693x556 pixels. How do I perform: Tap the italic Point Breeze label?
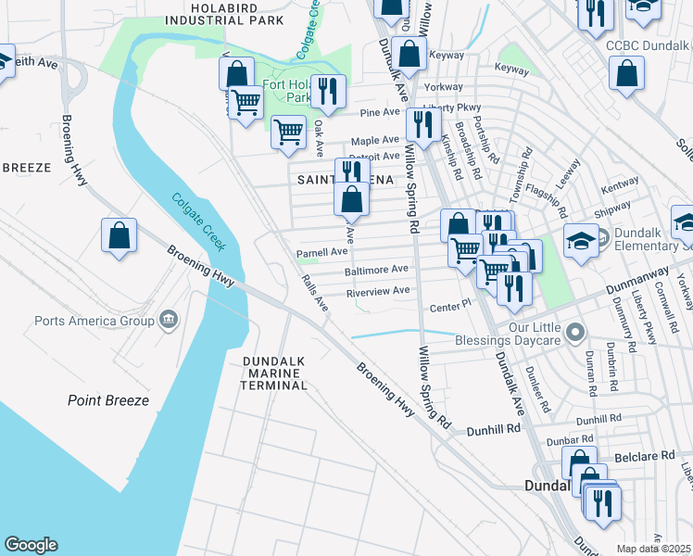click(x=107, y=400)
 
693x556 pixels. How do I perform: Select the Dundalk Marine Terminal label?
click(x=272, y=373)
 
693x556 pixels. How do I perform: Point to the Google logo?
click(x=31, y=545)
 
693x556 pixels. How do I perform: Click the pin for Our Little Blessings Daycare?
click(x=575, y=331)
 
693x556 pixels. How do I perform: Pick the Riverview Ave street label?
click(x=377, y=291)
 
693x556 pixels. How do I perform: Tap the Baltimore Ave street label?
click(x=376, y=270)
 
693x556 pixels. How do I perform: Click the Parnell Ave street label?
click(x=321, y=251)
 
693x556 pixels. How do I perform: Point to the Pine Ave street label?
click(x=378, y=113)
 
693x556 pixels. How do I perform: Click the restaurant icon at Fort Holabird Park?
click(x=328, y=91)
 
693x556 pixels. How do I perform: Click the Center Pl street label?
click(x=450, y=307)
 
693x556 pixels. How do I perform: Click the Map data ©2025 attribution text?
click(x=653, y=549)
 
